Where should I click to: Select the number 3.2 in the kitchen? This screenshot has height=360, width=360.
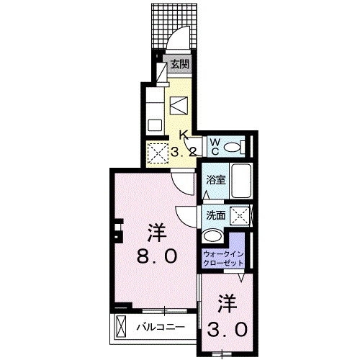(184, 152)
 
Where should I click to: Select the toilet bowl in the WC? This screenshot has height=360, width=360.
(232, 147)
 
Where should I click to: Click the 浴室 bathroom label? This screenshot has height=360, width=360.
(216, 181)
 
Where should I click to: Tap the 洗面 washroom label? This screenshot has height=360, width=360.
(216, 215)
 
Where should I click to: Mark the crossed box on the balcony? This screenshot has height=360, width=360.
(121, 328)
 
